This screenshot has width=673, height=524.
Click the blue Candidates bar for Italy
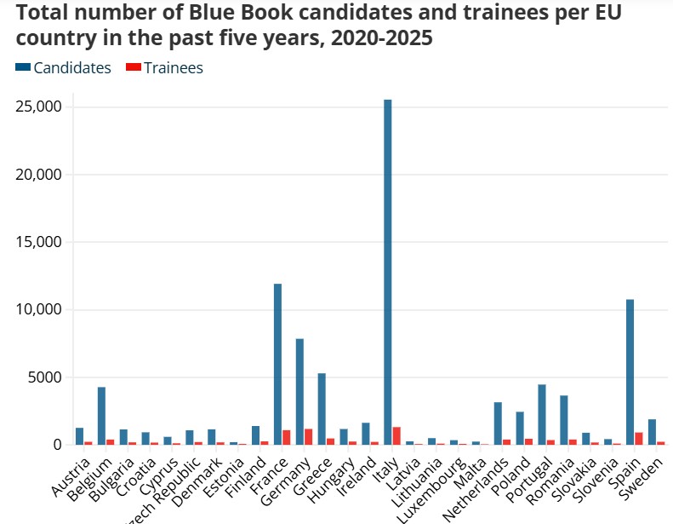388,273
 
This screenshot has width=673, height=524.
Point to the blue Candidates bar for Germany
299,391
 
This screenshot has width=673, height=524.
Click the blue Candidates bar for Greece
322,409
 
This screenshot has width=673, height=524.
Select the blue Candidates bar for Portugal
542,414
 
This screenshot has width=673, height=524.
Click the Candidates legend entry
64,68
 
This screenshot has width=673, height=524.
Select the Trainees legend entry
165,68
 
